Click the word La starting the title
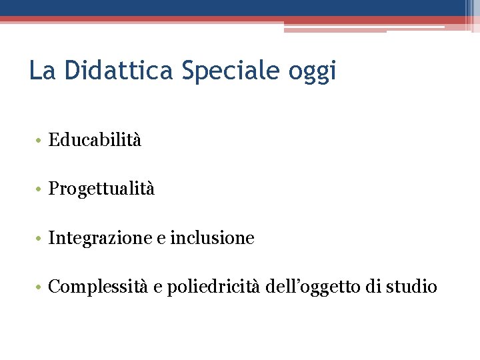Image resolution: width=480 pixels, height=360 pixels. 41,70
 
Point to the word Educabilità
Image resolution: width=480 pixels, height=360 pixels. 95,140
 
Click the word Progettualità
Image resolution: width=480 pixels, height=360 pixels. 101,189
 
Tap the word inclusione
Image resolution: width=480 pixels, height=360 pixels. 212,238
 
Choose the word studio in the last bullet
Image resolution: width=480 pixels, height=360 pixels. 413,287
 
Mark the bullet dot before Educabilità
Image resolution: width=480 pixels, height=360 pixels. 40,141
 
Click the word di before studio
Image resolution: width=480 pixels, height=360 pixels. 374,287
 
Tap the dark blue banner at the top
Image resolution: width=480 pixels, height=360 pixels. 233,7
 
